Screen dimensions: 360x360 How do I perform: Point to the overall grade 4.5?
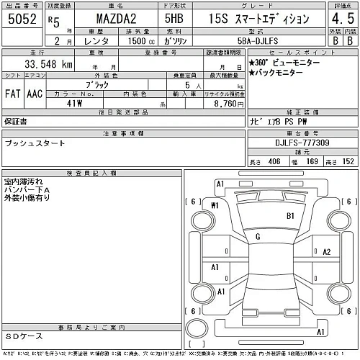343,21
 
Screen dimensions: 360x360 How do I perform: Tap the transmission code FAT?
13,94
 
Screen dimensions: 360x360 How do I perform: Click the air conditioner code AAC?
35,94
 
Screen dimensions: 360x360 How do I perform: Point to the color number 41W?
73,104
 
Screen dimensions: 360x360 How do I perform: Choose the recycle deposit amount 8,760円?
225,104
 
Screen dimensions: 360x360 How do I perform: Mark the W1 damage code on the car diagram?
215,206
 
